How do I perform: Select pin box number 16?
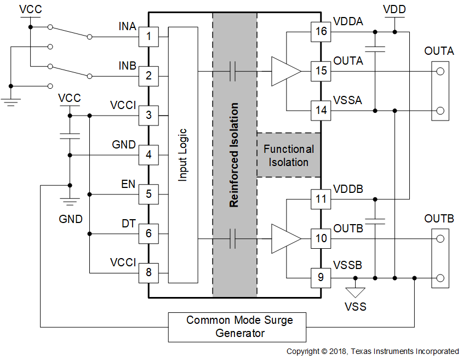point(321,31)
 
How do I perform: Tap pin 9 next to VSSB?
point(321,277)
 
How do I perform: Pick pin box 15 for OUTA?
point(321,71)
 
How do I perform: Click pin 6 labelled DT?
point(148,234)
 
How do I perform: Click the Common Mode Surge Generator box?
point(237,327)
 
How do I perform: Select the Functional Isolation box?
point(289,155)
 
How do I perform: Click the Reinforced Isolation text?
point(234,155)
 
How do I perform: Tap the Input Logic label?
point(183,155)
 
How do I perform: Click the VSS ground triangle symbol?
point(355,292)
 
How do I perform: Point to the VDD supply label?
point(395,10)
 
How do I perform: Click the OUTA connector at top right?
point(440,90)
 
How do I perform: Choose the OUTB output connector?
point(440,258)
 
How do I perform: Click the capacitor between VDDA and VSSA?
point(375,48)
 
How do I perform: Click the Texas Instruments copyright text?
point(373,351)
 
